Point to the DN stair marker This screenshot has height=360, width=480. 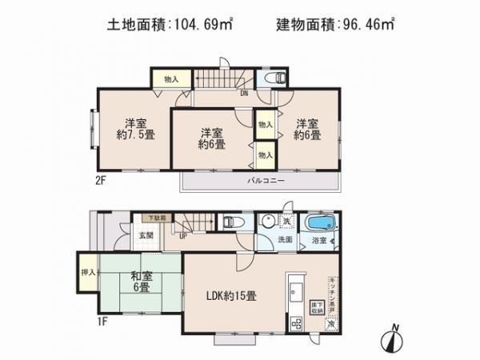243,93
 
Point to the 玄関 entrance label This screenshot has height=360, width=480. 145,235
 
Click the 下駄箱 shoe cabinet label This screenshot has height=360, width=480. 154,218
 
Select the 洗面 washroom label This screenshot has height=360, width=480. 286,239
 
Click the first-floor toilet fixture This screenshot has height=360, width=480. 230,222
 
